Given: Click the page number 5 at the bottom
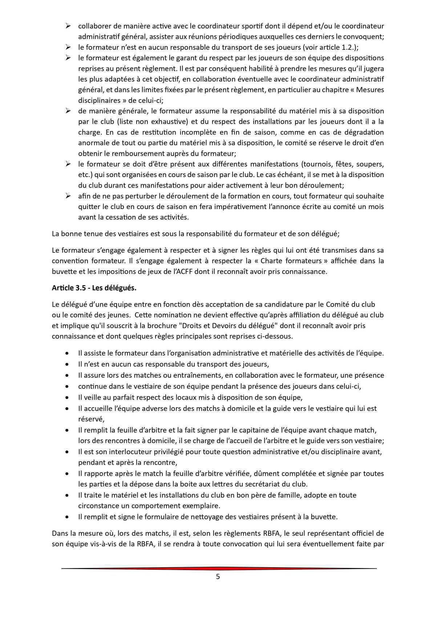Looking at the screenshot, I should (x=218, y=577).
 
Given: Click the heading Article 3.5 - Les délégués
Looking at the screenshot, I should (x=94, y=288).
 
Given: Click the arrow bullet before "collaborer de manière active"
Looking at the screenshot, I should (x=68, y=26).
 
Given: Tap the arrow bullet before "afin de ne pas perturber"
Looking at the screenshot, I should (x=68, y=196).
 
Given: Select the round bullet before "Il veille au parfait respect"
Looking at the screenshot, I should (x=67, y=397).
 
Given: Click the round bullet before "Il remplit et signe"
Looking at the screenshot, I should (x=67, y=517).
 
